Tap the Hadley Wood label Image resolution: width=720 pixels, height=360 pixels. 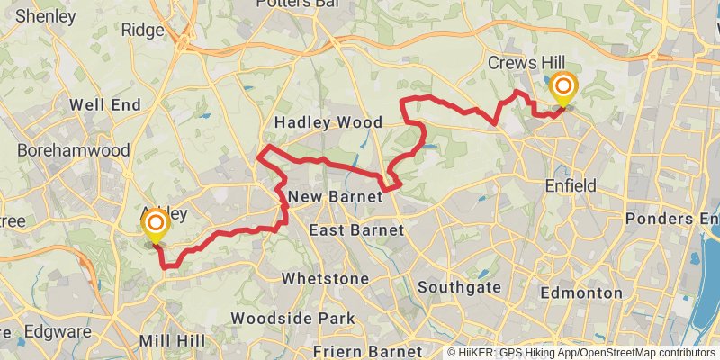point(328,122)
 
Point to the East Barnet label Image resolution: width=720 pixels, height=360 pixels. point(356,231)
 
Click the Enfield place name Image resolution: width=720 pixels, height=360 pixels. point(571,186)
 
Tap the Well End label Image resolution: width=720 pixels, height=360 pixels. point(105,105)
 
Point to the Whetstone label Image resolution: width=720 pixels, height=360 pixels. point(325,279)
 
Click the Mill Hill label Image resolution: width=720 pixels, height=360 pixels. point(172,341)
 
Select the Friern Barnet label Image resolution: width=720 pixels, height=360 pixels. point(367,350)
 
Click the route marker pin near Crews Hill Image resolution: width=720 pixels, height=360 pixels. point(564,88)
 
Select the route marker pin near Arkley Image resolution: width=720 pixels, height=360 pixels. point(156,223)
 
